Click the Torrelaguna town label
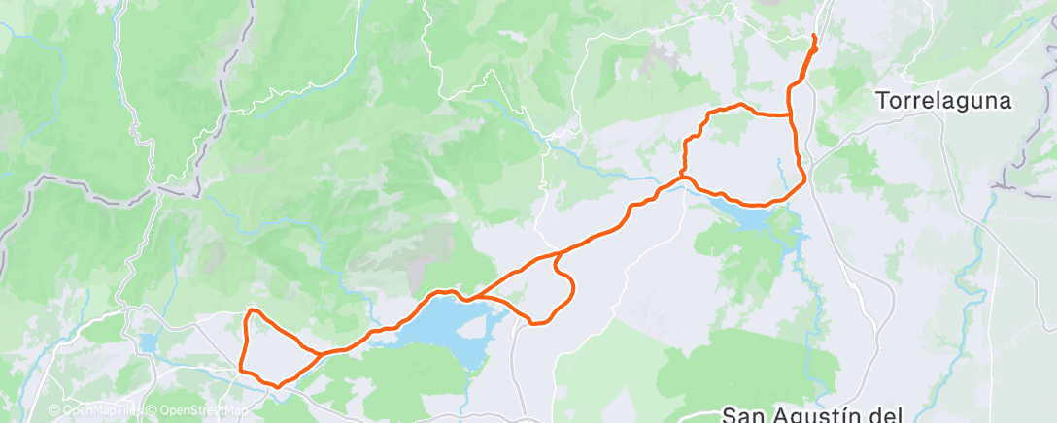[x=943, y=100]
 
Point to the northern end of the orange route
[x=813, y=36]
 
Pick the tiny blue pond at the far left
[x=148, y=343]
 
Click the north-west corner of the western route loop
[x=251, y=310]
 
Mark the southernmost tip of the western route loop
[x=278, y=386]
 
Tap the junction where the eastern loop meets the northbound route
[x=790, y=115]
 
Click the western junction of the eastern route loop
[x=686, y=179]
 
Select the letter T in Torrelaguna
[x=882, y=100]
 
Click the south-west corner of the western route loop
[x=242, y=368]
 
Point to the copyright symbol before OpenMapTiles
[x=56, y=410]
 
